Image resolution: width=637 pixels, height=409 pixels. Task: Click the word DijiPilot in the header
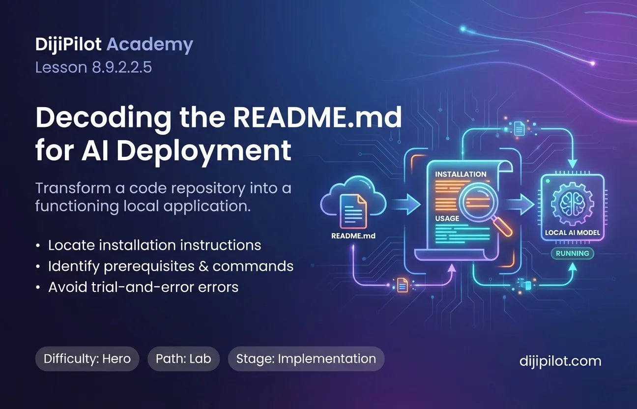[x=68, y=45]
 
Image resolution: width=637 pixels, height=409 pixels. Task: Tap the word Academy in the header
[x=150, y=45]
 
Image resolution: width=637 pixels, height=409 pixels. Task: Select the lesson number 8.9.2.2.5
[x=122, y=67]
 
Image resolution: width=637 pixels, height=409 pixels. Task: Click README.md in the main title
[x=318, y=117]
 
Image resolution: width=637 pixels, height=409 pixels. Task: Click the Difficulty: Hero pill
[x=87, y=359]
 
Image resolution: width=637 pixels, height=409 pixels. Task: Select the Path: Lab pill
[x=183, y=359]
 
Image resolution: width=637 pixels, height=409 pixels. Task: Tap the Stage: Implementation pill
[x=306, y=359]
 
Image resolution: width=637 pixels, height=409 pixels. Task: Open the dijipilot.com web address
[x=560, y=361]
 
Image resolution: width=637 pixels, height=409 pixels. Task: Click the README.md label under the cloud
[x=353, y=236]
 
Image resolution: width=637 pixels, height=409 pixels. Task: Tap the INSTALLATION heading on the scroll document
[x=461, y=174]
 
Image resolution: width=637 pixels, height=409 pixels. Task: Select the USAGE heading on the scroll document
[x=447, y=218]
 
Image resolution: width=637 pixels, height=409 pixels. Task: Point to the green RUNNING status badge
[x=573, y=254]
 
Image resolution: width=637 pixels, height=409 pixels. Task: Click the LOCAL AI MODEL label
[x=573, y=233]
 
